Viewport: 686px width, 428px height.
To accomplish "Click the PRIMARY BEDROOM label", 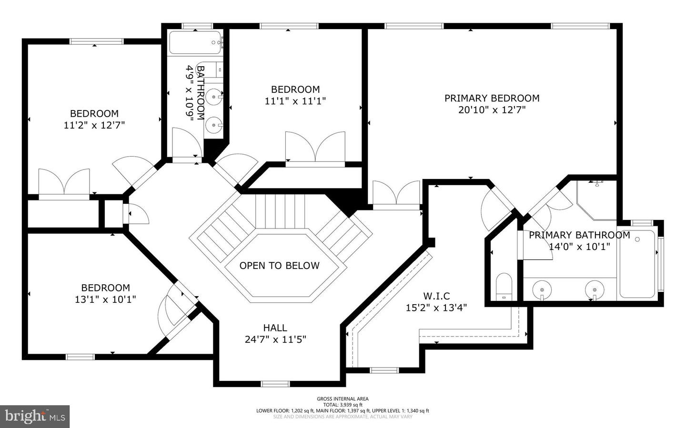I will (x=492, y=98).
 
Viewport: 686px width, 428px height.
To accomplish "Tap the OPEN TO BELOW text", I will (x=279, y=266).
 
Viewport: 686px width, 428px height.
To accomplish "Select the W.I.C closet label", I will (x=436, y=296).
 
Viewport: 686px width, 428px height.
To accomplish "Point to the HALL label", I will (x=275, y=328).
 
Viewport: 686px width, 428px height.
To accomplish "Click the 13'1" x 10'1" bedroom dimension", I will (x=105, y=299).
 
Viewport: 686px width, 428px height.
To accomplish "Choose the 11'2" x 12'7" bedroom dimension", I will (x=94, y=125).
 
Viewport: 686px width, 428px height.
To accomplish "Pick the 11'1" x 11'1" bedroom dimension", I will (x=295, y=101).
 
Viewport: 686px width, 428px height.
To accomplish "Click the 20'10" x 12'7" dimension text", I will (x=492, y=110).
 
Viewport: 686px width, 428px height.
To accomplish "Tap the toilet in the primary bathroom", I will (x=503, y=287).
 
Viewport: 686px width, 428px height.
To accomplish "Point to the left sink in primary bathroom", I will (x=542, y=289).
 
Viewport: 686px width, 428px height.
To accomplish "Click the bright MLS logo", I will (x=35, y=417).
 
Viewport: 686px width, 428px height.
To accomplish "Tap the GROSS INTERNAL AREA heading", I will (x=343, y=399).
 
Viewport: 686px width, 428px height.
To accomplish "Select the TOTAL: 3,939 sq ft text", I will (x=343, y=405).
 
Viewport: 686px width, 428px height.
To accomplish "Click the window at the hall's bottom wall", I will (x=275, y=384).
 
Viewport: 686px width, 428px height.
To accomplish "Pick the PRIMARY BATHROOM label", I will (x=579, y=235).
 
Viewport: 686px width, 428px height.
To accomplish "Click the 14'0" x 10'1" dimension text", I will (x=579, y=247).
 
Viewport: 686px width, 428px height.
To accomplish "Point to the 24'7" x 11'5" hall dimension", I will (x=275, y=339).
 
